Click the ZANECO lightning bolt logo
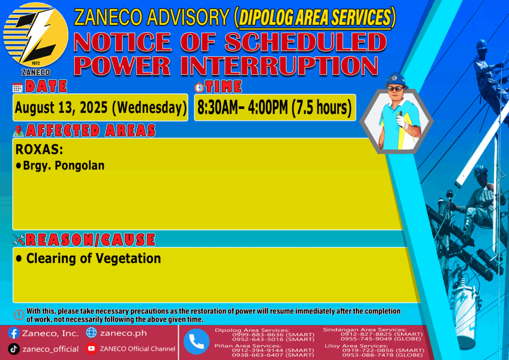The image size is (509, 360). tap(36, 35)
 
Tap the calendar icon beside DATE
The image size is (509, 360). tap(17, 88)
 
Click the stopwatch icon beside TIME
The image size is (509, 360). tap(199, 87)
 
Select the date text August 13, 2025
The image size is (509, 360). tap(61, 107)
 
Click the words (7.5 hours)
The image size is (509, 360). tap(322, 107)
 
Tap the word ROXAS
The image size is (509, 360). tap(39, 150)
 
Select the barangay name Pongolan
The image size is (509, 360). tap(80, 166)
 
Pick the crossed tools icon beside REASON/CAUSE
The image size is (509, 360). tap(19, 240)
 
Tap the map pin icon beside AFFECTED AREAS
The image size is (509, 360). tap(18, 131)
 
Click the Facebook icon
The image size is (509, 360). tap(13, 333)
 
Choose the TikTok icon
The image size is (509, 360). tap(13, 349)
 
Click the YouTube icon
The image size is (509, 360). tap(91, 349)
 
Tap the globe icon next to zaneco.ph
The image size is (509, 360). tap(91, 333)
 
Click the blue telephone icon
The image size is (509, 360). tap(196, 342)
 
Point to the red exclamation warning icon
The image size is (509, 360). tap(19, 315)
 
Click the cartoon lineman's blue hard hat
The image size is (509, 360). tap(395, 79)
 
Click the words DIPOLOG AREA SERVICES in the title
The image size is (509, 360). tap(315, 17)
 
